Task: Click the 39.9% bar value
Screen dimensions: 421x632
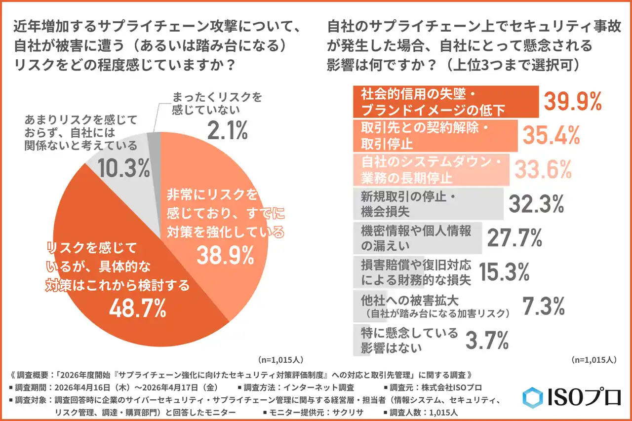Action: [x=572, y=101]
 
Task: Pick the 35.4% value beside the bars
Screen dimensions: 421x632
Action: [x=551, y=135]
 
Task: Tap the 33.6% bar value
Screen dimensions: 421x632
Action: [x=543, y=169]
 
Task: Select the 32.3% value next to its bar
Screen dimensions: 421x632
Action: [x=536, y=203]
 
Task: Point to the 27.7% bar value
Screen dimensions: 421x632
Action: [x=514, y=238]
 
